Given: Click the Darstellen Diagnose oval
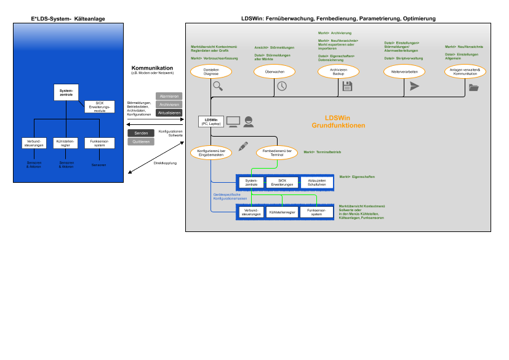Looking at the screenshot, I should click(211, 71).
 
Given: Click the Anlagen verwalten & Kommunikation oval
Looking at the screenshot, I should click(465, 71).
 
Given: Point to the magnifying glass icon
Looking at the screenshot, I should click(218, 86).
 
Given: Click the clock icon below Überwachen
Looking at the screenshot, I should click(281, 86).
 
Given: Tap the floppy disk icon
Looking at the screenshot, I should click(347, 86).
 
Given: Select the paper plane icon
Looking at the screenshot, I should click(414, 86).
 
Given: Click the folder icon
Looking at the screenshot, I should click(473, 87).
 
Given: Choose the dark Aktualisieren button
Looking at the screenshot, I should click(169, 113).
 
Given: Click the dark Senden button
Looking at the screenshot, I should click(140, 133).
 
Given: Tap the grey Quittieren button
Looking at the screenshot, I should click(140, 142).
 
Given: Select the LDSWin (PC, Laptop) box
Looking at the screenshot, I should click(210, 121).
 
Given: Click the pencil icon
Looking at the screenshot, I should click(243, 146).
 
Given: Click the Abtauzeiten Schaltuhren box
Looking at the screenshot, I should click(316, 182).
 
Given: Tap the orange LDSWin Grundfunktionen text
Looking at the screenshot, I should click(338, 121).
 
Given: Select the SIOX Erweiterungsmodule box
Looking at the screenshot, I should click(100, 107).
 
